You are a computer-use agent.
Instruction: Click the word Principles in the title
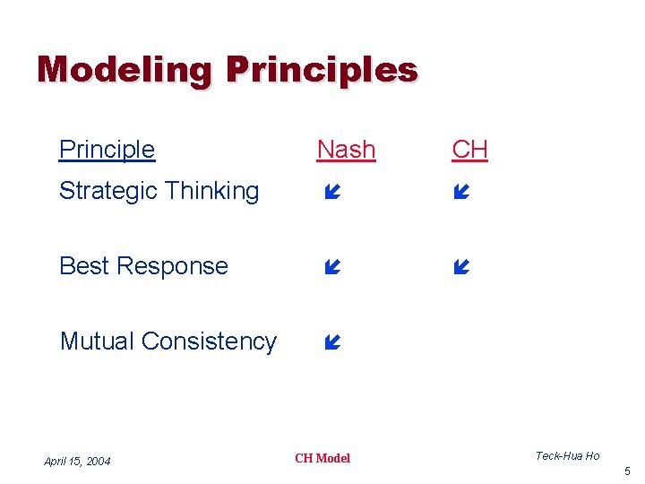point(322,70)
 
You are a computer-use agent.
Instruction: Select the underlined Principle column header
point(107,150)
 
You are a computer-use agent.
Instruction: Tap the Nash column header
point(346,150)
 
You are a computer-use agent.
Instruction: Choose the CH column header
point(469,150)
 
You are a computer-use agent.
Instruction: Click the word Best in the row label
point(82,266)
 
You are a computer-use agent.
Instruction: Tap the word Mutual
point(97,341)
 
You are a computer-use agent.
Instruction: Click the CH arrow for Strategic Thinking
point(461,192)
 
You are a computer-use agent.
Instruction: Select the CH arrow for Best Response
point(461,267)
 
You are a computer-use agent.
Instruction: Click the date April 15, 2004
point(77,462)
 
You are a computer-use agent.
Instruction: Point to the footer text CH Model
point(322,458)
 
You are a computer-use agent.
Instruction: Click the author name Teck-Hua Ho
point(567,456)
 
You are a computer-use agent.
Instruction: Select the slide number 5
point(627,471)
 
